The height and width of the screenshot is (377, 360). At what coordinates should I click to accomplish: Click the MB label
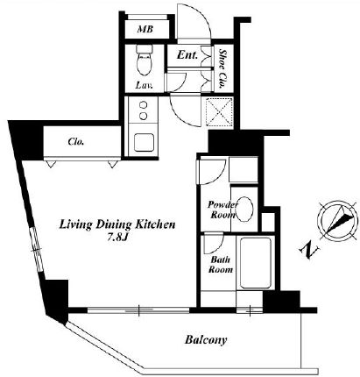[145, 29]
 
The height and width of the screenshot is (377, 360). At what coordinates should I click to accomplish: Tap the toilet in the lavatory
[145, 60]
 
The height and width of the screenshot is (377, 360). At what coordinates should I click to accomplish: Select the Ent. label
[187, 54]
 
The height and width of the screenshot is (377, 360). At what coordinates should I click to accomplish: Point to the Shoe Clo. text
[223, 69]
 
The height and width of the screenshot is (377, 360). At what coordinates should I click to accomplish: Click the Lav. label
[145, 85]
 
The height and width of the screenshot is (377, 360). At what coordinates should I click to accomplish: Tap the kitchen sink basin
[144, 142]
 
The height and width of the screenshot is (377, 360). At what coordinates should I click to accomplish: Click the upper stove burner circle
[143, 105]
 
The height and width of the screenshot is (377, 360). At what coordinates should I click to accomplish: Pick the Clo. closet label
[76, 142]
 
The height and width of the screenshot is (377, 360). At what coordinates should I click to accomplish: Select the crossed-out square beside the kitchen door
[219, 112]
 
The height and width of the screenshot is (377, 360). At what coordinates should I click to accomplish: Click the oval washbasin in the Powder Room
[244, 209]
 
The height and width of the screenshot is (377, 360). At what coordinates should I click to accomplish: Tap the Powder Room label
[222, 210]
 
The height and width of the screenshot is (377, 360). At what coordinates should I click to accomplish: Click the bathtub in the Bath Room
[256, 263]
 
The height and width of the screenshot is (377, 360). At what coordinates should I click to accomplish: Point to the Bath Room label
[221, 265]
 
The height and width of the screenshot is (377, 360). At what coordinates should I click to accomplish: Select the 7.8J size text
[117, 238]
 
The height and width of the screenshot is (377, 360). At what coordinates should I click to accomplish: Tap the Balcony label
[206, 340]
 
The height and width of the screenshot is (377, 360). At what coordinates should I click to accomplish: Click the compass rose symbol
[338, 220]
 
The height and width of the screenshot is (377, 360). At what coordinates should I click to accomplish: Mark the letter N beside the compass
[309, 251]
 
